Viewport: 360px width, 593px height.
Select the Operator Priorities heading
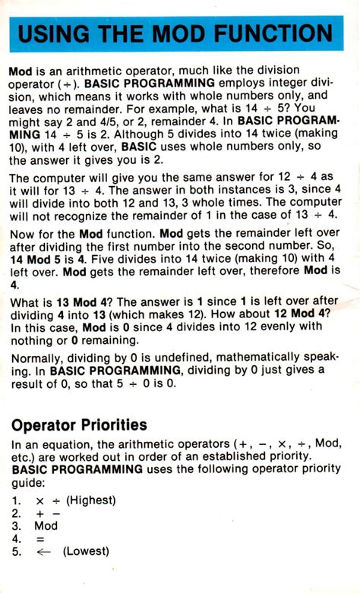(x=78, y=424)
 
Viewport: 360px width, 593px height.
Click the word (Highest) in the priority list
(x=91, y=500)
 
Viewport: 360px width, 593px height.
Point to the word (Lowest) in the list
(x=87, y=551)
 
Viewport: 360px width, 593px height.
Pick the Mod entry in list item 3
(x=46, y=525)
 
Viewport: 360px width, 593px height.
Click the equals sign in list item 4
(x=39, y=538)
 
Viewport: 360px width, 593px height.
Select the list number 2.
(x=16, y=513)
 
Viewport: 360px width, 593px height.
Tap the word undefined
(x=184, y=357)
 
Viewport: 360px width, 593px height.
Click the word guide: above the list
(x=28, y=482)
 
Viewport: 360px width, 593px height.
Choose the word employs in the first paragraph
(x=260, y=83)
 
